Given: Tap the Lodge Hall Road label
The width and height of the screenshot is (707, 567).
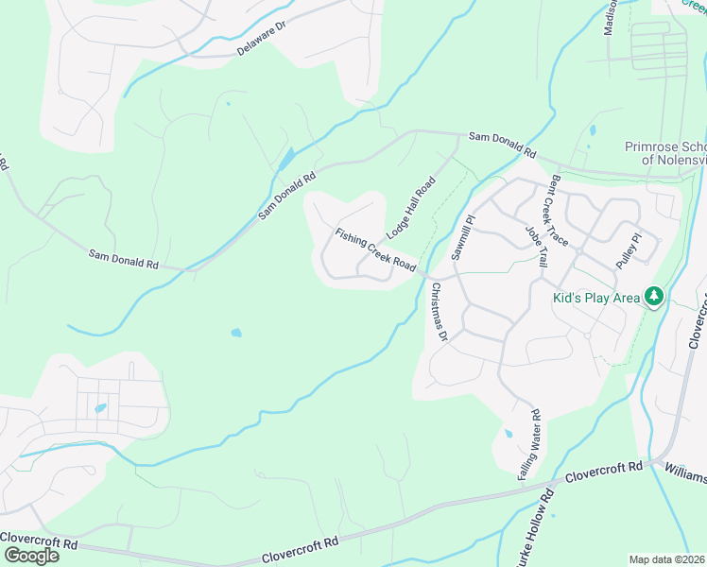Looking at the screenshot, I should point(409,207).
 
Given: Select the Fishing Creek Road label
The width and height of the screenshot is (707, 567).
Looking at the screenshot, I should point(375,248).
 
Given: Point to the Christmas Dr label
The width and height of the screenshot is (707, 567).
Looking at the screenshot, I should point(438,311).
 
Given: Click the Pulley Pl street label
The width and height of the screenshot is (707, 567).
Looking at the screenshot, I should point(628,249).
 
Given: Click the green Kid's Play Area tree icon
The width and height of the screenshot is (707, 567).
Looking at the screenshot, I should point(653,297).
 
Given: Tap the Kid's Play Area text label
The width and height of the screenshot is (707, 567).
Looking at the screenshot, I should point(595,298).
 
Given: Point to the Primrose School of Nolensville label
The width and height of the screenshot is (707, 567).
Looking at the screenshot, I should point(665,153).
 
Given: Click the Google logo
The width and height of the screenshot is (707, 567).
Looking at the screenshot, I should point(30,555).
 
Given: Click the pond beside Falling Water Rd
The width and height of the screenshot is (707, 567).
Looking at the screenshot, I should point(508,435).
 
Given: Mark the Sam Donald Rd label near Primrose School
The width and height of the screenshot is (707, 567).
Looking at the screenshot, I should point(504,145).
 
